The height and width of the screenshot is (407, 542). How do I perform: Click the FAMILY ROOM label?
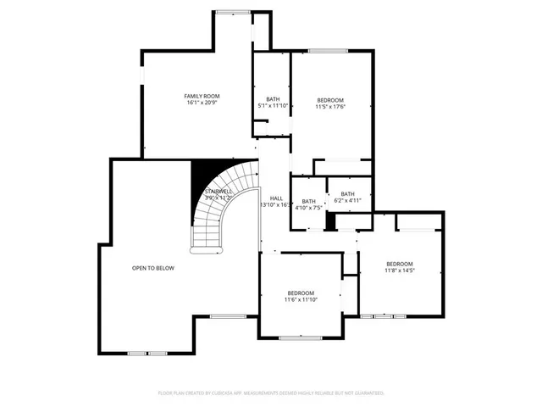202,97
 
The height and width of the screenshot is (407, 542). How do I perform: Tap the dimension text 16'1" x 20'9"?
202,103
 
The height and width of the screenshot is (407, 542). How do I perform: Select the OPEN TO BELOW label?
152,268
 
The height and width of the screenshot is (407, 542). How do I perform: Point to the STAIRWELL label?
218,192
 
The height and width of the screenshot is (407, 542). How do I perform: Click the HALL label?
276,198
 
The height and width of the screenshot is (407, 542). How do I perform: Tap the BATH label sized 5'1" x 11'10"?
272,99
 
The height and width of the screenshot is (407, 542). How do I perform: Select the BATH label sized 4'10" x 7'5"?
308,201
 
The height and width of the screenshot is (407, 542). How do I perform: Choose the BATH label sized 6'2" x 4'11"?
347,194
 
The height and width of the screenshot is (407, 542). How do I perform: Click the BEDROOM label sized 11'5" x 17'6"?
330,99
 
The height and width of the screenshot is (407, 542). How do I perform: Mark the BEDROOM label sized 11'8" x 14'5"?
399,264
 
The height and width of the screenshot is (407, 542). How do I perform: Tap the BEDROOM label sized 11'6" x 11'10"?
300,293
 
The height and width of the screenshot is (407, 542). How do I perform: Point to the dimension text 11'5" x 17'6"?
330,106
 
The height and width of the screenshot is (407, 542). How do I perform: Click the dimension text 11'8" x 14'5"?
399,270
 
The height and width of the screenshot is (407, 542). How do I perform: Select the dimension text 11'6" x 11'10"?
300,299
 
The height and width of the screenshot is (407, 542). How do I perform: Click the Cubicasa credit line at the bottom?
271,393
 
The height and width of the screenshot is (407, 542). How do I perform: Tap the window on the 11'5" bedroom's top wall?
328,52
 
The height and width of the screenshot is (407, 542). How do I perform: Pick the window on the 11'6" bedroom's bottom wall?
301,337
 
